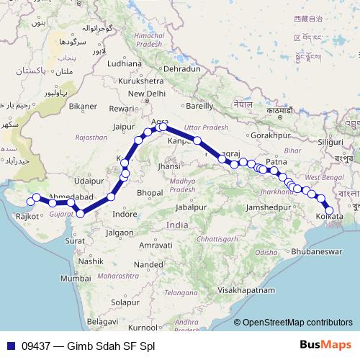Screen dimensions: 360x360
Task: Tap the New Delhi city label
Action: [x=146, y=94]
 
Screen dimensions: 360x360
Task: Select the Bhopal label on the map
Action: [x=149, y=193]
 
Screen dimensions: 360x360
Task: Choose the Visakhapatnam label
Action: [x=247, y=289]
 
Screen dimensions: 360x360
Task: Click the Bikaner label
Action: [x=83, y=107]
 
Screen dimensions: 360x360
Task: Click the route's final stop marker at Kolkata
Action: [x=329, y=210]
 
